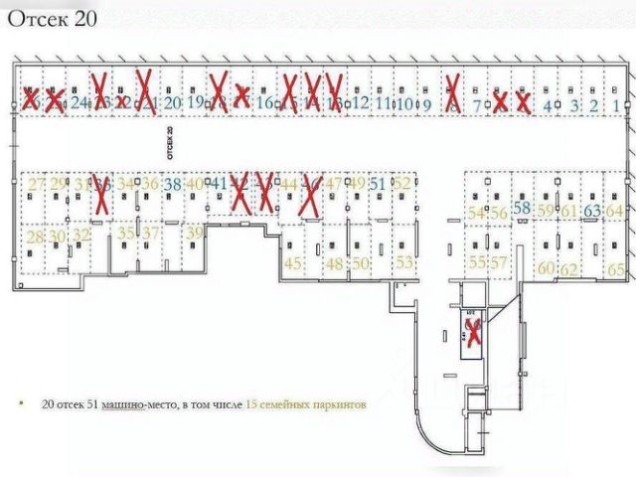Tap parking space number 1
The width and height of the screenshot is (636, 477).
[617, 104]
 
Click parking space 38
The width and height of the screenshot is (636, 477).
[173, 184]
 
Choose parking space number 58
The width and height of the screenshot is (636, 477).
[522, 207]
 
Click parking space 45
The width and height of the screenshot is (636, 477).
[293, 263]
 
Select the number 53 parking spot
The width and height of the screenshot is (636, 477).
[404, 263]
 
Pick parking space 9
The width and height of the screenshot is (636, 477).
[426, 102]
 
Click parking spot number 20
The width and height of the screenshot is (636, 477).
[172, 101]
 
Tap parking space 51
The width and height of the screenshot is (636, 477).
[377, 184]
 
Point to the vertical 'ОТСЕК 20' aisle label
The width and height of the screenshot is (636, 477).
[170, 143]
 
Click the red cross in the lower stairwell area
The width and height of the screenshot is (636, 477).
[475, 329]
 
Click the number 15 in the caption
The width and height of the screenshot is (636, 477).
[251, 406]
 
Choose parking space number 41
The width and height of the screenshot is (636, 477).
[220, 184]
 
